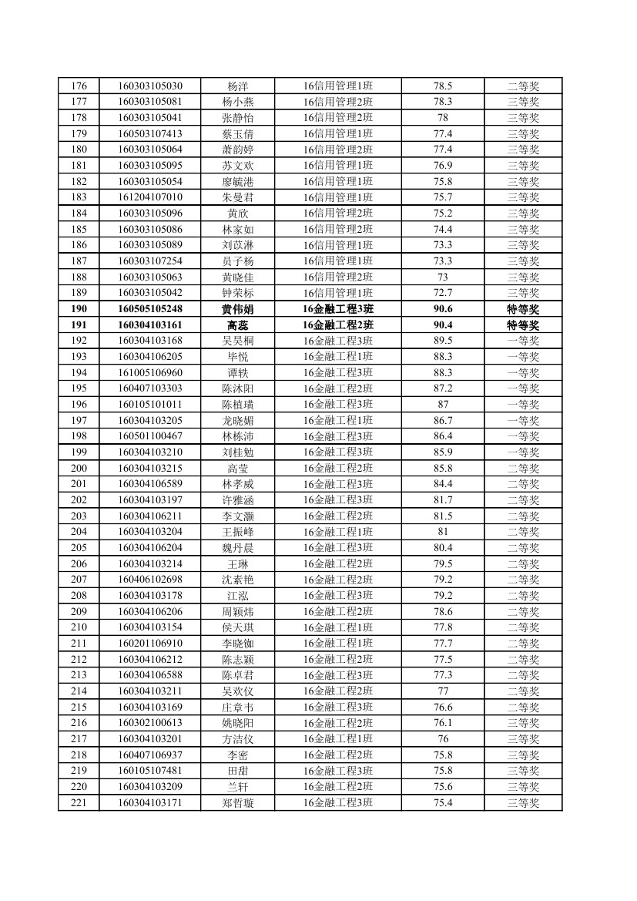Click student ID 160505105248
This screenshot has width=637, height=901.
pyautogui.click(x=150, y=309)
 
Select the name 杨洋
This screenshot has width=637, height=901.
pyautogui.click(x=237, y=86)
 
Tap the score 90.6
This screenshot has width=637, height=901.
pyautogui.click(x=443, y=309)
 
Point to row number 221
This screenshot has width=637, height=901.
pyautogui.click(x=79, y=803)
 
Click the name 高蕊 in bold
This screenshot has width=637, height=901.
pyautogui.click(x=237, y=325)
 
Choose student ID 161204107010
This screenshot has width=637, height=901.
pyautogui.click(x=150, y=197)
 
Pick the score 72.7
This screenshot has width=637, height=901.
pyautogui.click(x=443, y=293)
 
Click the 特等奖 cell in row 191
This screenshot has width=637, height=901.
pyautogui.click(x=523, y=325)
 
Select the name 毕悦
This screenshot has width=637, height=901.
pyautogui.click(x=237, y=357)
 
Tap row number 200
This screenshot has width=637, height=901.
pyautogui.click(x=79, y=468)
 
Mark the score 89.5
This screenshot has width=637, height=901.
pyautogui.click(x=443, y=341)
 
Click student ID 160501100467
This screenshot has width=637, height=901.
pyautogui.click(x=150, y=436)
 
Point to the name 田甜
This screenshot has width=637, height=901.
pyautogui.click(x=237, y=771)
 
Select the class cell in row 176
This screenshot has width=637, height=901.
pyautogui.click(x=338, y=86)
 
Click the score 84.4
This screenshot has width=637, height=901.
pyautogui.click(x=443, y=484)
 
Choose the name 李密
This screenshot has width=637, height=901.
pyautogui.click(x=237, y=755)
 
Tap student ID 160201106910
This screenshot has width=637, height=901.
pyautogui.click(x=150, y=644)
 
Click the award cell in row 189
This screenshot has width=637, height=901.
pyautogui.click(x=523, y=293)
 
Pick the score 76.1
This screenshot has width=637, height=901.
pyautogui.click(x=443, y=723)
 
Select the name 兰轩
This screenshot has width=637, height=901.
pyautogui.click(x=237, y=787)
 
